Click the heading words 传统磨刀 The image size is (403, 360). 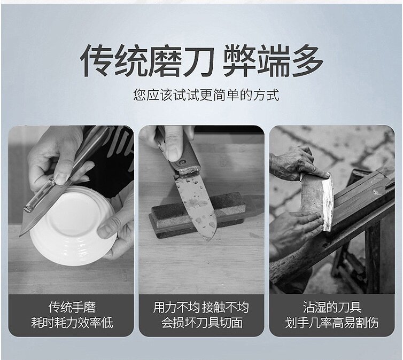click(147, 60)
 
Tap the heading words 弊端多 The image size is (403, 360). click(273, 60)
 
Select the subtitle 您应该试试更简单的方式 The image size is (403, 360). click(206, 95)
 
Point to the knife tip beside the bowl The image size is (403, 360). click(20, 235)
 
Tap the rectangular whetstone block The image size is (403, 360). click(197, 215)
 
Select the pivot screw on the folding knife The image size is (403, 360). click(183, 162)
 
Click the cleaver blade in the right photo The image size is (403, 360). click(317, 201)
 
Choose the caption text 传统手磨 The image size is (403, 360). click(72, 307)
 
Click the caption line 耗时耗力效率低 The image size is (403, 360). click(72, 323)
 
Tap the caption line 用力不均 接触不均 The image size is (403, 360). click(201, 307)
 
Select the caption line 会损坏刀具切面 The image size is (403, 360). click(201, 323)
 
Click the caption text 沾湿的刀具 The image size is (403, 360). click(332, 307)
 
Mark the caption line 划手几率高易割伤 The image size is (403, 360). click(331, 323)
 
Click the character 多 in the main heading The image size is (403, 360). click(307, 60)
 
